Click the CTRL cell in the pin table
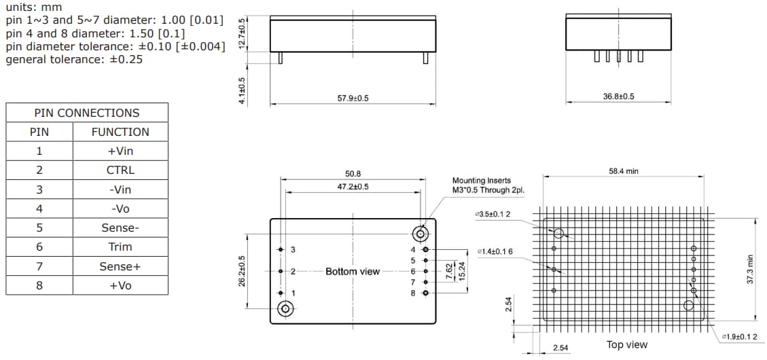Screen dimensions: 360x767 pos(120,170)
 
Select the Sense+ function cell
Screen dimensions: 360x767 pos(120,266)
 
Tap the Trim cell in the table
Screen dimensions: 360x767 pos(120,247)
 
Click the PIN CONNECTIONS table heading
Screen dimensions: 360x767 pos(87,113)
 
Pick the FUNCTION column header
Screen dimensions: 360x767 pos(120,132)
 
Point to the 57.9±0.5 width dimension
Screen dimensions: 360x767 pos(353,98)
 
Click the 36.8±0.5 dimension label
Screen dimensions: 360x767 pos(618,96)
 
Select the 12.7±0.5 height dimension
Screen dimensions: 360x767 pos(242,33)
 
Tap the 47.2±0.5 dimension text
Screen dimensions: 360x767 pos(353,187)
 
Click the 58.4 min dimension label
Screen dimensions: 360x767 pos(623,172)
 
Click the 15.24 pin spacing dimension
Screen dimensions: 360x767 pos(462,271)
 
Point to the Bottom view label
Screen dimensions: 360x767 pos(353,272)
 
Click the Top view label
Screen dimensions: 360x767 pos(626,345)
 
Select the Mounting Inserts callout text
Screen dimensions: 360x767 pos(488,185)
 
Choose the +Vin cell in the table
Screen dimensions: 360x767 pos(120,151)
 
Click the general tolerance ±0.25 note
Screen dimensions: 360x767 pos(74,60)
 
